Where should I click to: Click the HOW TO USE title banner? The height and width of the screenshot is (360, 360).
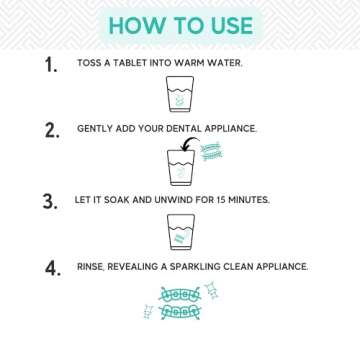pos(180,24)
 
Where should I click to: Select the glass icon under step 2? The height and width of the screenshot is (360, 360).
pos(179,165)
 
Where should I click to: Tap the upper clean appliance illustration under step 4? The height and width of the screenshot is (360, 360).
pos(180,295)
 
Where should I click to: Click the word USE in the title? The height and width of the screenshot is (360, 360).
pos(230,24)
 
